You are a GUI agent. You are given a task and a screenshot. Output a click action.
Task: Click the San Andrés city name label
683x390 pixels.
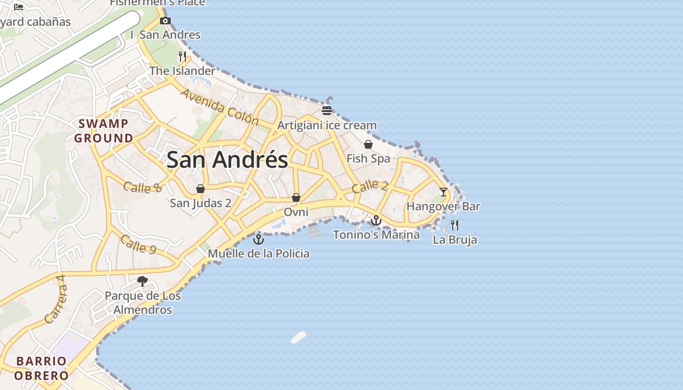coord(227,160)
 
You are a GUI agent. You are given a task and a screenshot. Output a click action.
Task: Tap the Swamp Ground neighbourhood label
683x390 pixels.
coord(103,131)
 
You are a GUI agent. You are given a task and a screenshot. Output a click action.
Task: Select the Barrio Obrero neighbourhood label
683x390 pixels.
coord(41,368)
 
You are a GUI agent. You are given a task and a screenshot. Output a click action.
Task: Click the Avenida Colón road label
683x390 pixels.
coord(220,106)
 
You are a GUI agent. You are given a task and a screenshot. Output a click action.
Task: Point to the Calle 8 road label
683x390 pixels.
coord(142,187)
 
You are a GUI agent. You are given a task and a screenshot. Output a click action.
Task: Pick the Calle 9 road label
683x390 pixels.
coord(138,244)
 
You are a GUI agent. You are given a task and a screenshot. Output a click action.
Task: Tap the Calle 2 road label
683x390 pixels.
coord(370,186)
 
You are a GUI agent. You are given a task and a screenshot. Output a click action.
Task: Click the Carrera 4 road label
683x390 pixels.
coord(55,306)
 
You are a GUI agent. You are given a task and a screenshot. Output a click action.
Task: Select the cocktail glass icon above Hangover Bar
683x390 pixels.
coord(443,192)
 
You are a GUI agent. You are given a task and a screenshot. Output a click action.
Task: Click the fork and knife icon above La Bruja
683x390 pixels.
coord(455,225)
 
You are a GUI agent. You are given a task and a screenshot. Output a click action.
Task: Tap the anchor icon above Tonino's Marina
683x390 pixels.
coord(376,220)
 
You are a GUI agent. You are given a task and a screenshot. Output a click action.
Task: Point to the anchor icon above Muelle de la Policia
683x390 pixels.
coord(259,239)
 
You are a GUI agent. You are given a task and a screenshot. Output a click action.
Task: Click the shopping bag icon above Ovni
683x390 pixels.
coord(296,197)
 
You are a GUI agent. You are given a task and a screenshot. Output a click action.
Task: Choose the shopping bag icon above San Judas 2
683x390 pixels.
coord(201,189)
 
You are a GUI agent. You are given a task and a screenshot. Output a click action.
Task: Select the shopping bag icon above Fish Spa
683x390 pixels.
coord(368,144)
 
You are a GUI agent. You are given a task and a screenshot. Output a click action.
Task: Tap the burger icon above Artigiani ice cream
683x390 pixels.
coord(327,111)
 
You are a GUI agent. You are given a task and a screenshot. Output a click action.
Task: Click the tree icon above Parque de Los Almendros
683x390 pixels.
coord(142,281)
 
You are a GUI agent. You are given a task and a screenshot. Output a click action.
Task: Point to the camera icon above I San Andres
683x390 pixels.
coord(165,20)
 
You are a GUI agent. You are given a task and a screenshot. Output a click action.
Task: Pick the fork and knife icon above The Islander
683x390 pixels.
coord(182,57)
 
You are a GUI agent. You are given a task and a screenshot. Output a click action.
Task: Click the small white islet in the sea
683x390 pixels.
coord(299,337)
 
